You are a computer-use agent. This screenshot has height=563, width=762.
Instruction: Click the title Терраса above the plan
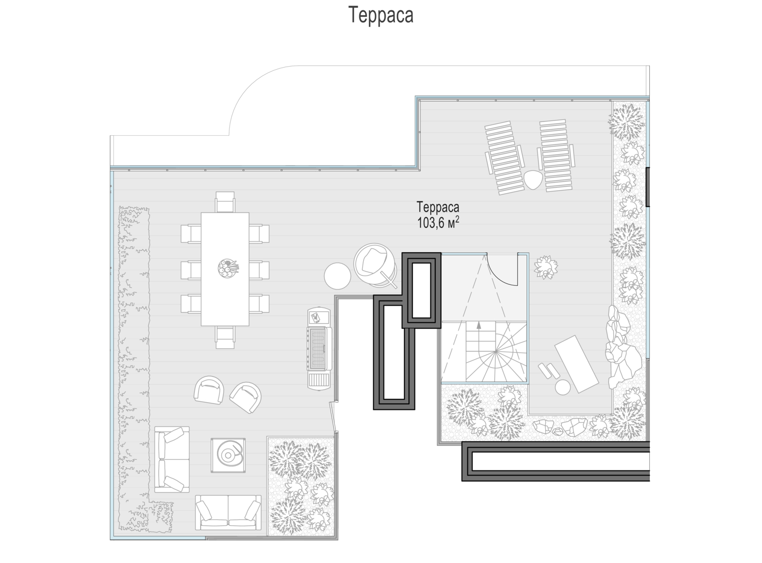pos(380,15)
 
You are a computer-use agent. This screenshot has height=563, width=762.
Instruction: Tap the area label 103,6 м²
pos(438,223)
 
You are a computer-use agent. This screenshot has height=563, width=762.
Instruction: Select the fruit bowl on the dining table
pos(228,268)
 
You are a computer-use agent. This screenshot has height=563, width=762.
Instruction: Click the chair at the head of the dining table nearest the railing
pos(225,202)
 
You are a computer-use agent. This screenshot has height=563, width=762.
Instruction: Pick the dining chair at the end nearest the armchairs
pos(225,337)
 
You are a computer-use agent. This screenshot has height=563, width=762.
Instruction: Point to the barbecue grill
pos(319,348)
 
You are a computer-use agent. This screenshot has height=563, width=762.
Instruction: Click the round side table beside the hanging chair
pos(337,276)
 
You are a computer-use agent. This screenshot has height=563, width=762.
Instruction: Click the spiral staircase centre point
pos(496,351)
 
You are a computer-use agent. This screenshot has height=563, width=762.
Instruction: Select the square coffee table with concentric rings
pos(228,455)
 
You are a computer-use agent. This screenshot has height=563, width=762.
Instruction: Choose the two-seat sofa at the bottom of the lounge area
pos(228,513)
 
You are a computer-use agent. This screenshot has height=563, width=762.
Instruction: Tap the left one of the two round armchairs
pos(209,390)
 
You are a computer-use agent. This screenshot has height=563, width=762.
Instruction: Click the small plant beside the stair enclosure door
pos(546,267)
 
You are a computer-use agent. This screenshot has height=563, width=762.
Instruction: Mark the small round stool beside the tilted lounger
pos(563,387)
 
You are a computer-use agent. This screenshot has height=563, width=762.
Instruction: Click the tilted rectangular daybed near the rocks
pos(577,364)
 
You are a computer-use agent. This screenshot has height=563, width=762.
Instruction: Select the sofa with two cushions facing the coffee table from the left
pos(172,459)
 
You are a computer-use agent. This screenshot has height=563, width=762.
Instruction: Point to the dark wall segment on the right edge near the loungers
pos(648,187)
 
